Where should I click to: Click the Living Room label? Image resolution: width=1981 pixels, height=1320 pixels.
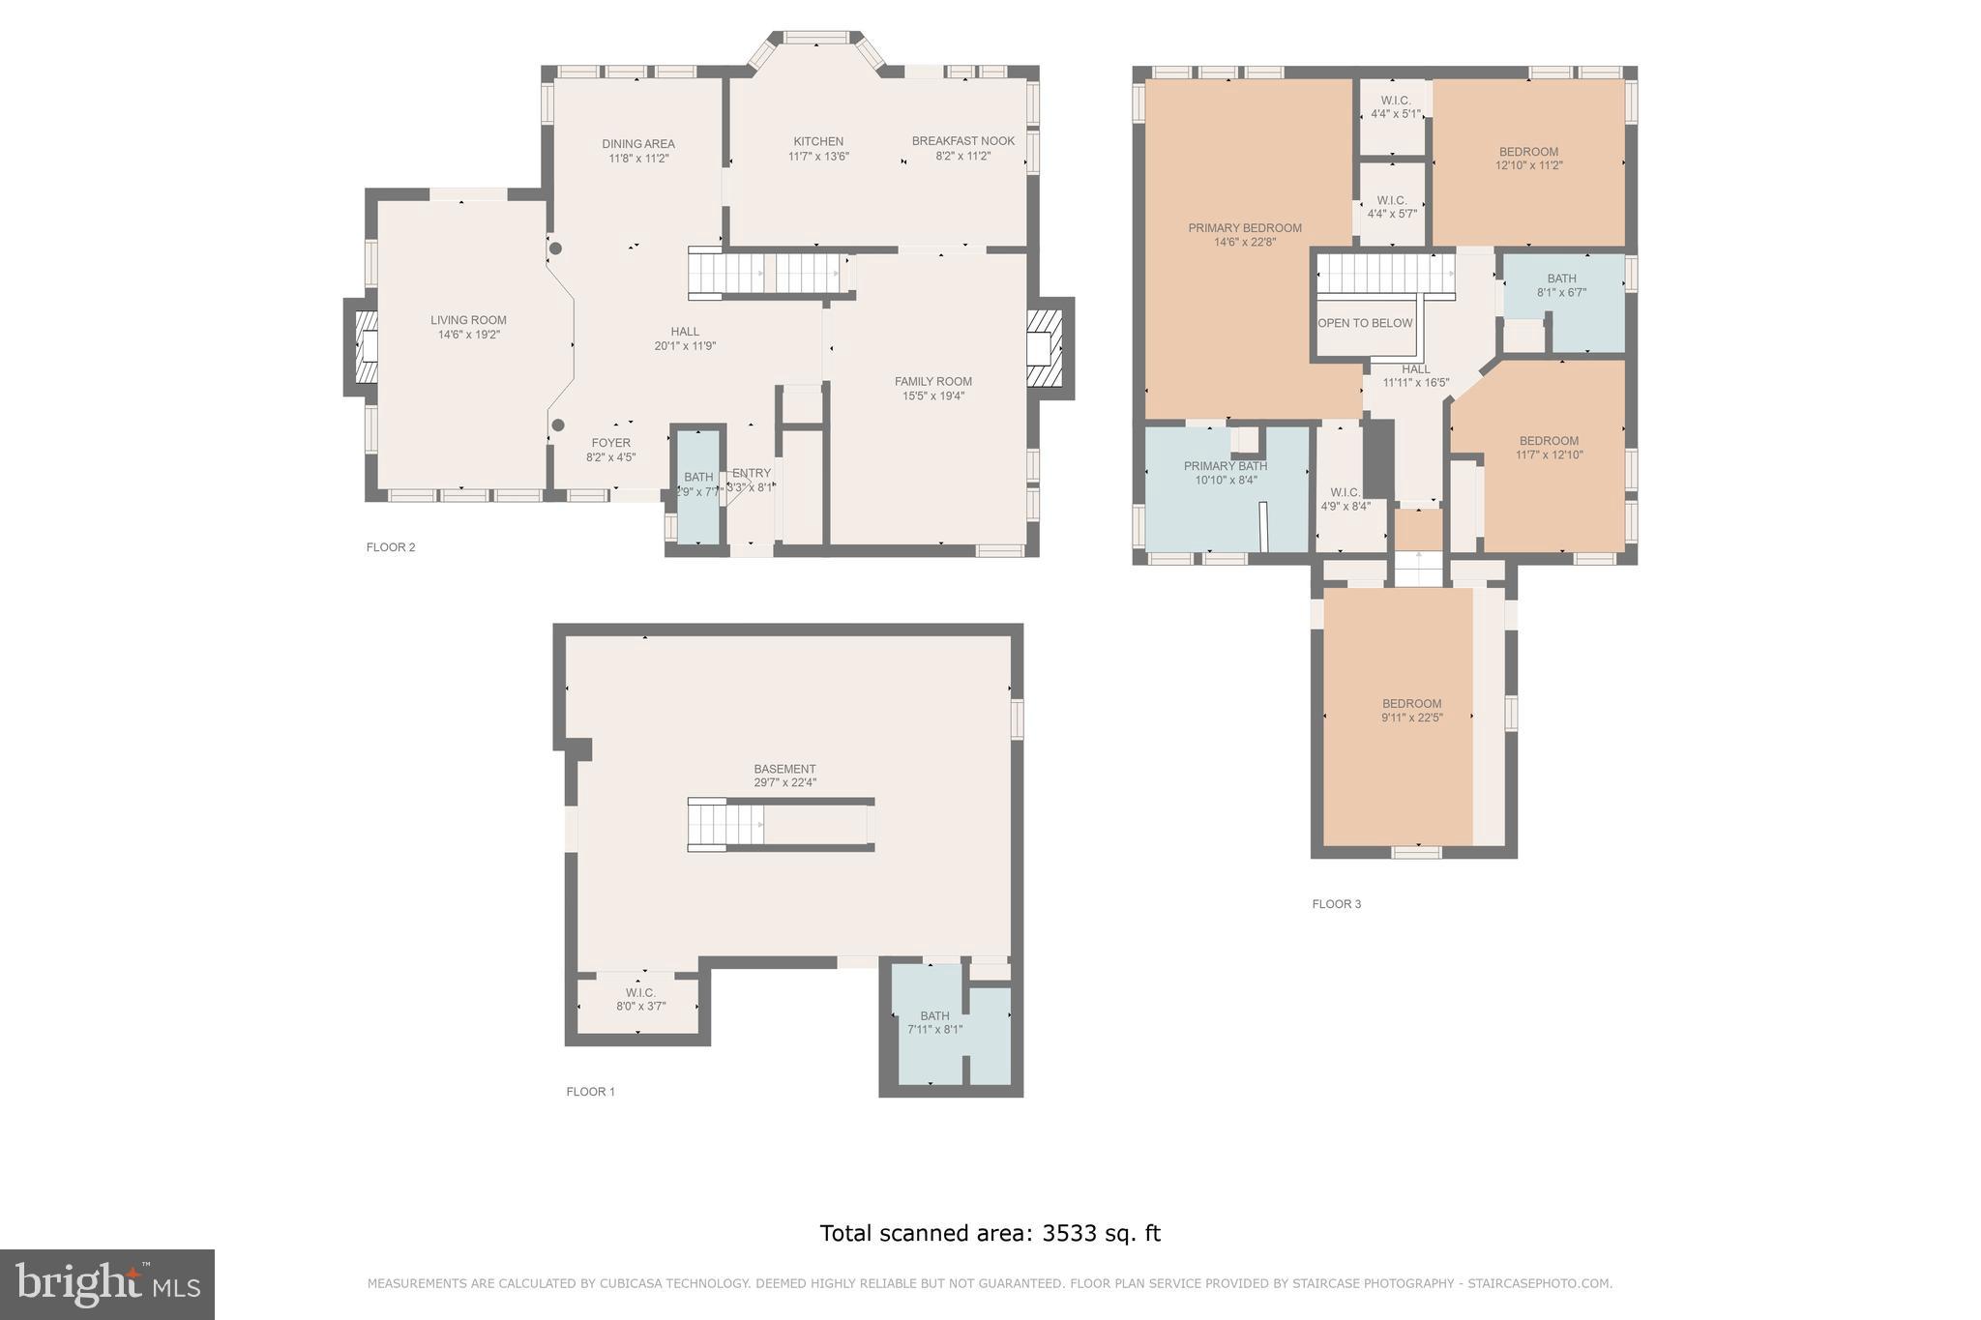pyautogui.click(x=468, y=320)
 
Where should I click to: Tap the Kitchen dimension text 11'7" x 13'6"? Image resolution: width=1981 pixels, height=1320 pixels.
pyautogui.click(x=818, y=156)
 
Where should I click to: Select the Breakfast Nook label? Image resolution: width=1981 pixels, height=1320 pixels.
pyautogui.click(x=962, y=141)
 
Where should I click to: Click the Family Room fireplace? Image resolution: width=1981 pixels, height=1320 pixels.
pyautogui.click(x=1046, y=347)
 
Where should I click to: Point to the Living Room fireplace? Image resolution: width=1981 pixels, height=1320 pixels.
pyautogui.click(x=366, y=347)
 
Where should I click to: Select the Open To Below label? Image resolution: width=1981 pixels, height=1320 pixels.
pyautogui.click(x=1365, y=323)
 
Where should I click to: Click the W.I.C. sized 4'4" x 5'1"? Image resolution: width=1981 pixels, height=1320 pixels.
pyautogui.click(x=1395, y=107)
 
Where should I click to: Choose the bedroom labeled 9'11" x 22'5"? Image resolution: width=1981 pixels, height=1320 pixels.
pyautogui.click(x=1411, y=711)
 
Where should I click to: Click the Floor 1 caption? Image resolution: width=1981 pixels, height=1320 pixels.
pyautogui.click(x=590, y=1092)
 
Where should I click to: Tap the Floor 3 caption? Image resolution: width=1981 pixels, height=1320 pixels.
pyautogui.click(x=1336, y=904)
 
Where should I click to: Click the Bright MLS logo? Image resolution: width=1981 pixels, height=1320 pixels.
pyautogui.click(x=107, y=1284)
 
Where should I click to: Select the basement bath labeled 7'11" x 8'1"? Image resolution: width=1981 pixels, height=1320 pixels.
pyautogui.click(x=934, y=1023)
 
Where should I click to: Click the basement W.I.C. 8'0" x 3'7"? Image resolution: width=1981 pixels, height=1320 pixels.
pyautogui.click(x=640, y=999)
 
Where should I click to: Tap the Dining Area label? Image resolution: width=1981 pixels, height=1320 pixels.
pyautogui.click(x=638, y=144)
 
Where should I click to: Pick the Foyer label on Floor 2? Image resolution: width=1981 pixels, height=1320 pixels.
pyautogui.click(x=610, y=443)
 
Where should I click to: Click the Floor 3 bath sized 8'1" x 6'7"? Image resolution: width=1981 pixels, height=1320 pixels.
pyautogui.click(x=1561, y=285)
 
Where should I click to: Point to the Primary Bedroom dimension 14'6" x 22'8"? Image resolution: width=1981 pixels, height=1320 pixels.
pyautogui.click(x=1245, y=243)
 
